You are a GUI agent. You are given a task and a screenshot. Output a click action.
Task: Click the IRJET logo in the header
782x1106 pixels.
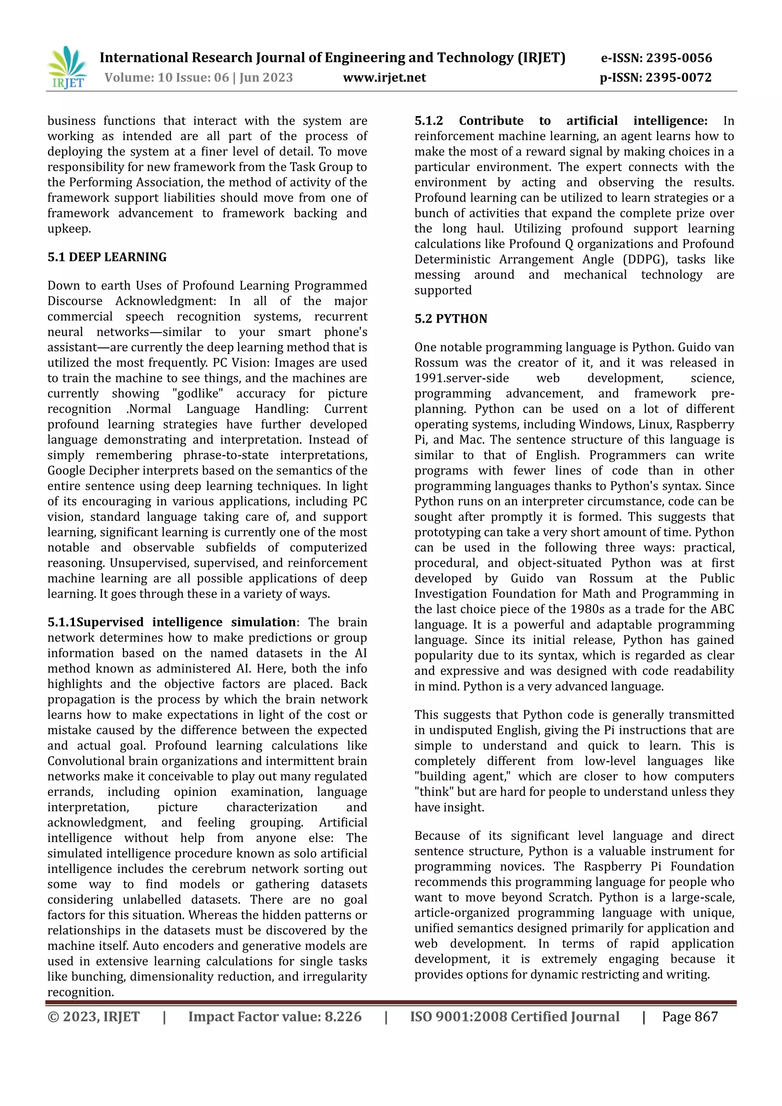click(x=68, y=68)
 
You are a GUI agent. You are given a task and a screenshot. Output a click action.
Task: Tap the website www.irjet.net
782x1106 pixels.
click(x=384, y=78)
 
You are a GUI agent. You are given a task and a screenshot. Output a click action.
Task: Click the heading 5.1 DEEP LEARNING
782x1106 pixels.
click(x=107, y=257)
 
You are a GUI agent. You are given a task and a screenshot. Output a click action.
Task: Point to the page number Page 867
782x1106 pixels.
click(x=690, y=1016)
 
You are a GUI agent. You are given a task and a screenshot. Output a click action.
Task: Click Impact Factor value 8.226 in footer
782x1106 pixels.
click(x=275, y=1016)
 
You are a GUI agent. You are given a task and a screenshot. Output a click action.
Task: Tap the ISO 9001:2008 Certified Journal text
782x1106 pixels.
click(x=514, y=1016)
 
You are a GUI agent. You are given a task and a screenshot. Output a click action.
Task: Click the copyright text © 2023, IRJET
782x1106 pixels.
click(x=94, y=1016)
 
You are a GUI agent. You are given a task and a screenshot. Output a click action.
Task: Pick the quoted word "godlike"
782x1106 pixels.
click(x=198, y=394)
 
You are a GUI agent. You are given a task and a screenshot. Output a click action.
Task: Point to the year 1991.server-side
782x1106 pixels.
click(x=461, y=378)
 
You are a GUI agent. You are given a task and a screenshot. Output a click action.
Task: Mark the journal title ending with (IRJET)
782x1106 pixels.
click(x=332, y=58)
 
